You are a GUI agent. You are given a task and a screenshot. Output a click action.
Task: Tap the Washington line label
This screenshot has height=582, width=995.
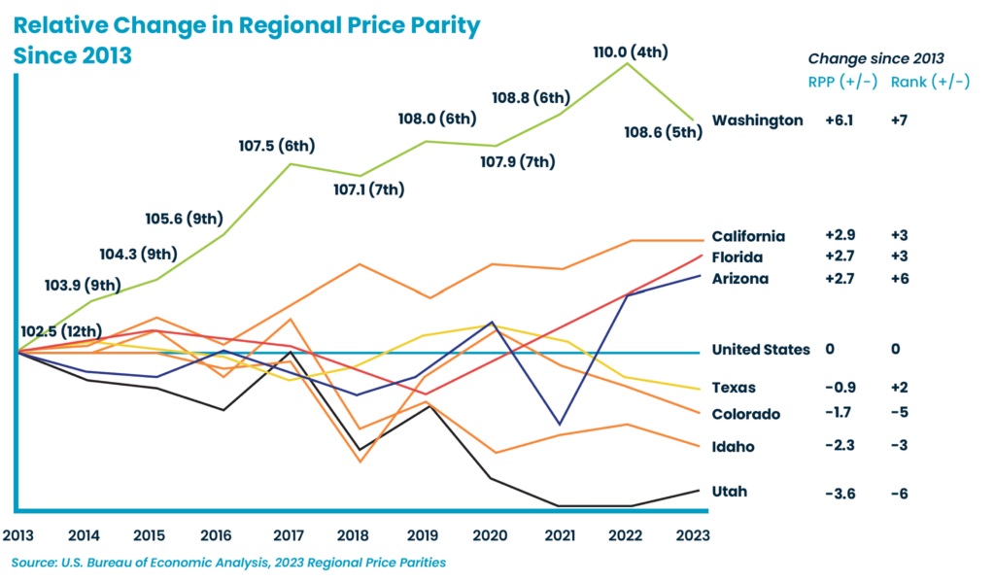pyautogui.click(x=757, y=120)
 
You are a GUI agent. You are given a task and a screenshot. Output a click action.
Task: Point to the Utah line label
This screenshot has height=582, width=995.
pyautogui.click(x=730, y=492)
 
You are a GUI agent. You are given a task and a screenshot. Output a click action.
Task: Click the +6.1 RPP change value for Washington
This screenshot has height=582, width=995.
pyautogui.click(x=840, y=120)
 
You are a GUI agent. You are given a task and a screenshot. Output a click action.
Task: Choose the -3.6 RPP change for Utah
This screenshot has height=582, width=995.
pyautogui.click(x=840, y=494)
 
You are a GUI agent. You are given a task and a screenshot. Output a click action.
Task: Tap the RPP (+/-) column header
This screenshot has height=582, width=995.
pyautogui.click(x=842, y=83)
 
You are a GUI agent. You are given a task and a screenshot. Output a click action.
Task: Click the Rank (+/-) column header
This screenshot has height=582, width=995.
pyautogui.click(x=929, y=83)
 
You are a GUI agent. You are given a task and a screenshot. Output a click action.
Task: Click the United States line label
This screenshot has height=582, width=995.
pyautogui.click(x=761, y=350)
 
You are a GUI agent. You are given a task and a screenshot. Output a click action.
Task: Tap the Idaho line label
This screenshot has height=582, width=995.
pyautogui.click(x=733, y=447)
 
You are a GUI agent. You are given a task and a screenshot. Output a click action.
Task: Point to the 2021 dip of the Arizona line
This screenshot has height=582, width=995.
pyautogui.click(x=560, y=425)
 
